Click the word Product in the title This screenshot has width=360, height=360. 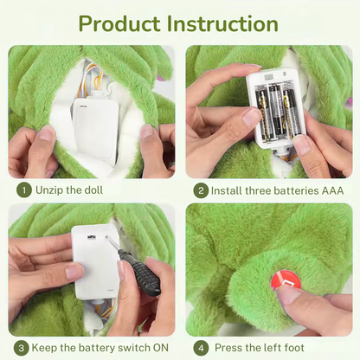point(119,23)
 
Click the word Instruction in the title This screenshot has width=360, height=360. point(222,23)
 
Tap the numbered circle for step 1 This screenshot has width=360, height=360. point(24,190)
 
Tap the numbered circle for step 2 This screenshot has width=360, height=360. point(201,190)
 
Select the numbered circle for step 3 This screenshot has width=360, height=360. point(21,348)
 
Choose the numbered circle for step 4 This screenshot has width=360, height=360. point(201,348)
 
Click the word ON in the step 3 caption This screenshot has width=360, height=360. point(161,348)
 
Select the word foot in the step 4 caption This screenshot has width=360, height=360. point(293,348)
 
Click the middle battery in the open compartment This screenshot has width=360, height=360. point(276,111)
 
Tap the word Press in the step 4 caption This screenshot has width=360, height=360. point(228,348)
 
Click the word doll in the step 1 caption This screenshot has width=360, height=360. point(93,190)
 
